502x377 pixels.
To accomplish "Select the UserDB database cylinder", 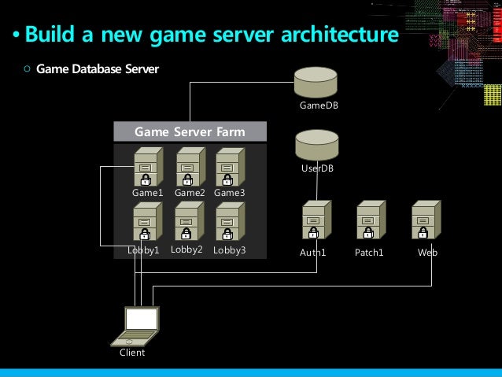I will pos(316,145).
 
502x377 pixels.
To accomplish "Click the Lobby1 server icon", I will pos(146,222).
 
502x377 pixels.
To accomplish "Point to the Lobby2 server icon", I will pos(187,221).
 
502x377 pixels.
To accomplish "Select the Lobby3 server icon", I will pos(229,222).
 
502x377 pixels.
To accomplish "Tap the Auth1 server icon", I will pos(315,221).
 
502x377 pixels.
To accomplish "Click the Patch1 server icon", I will pos(369,221).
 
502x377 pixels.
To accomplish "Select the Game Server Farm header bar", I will pos(190,131).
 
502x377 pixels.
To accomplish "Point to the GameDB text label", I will pos(319,105).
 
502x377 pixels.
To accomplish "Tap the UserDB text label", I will pos(317,168).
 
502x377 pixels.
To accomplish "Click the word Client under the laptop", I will pos(132,353).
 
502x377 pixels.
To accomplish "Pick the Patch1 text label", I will pos(369,253).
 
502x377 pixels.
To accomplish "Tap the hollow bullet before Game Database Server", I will pos(28,69).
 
